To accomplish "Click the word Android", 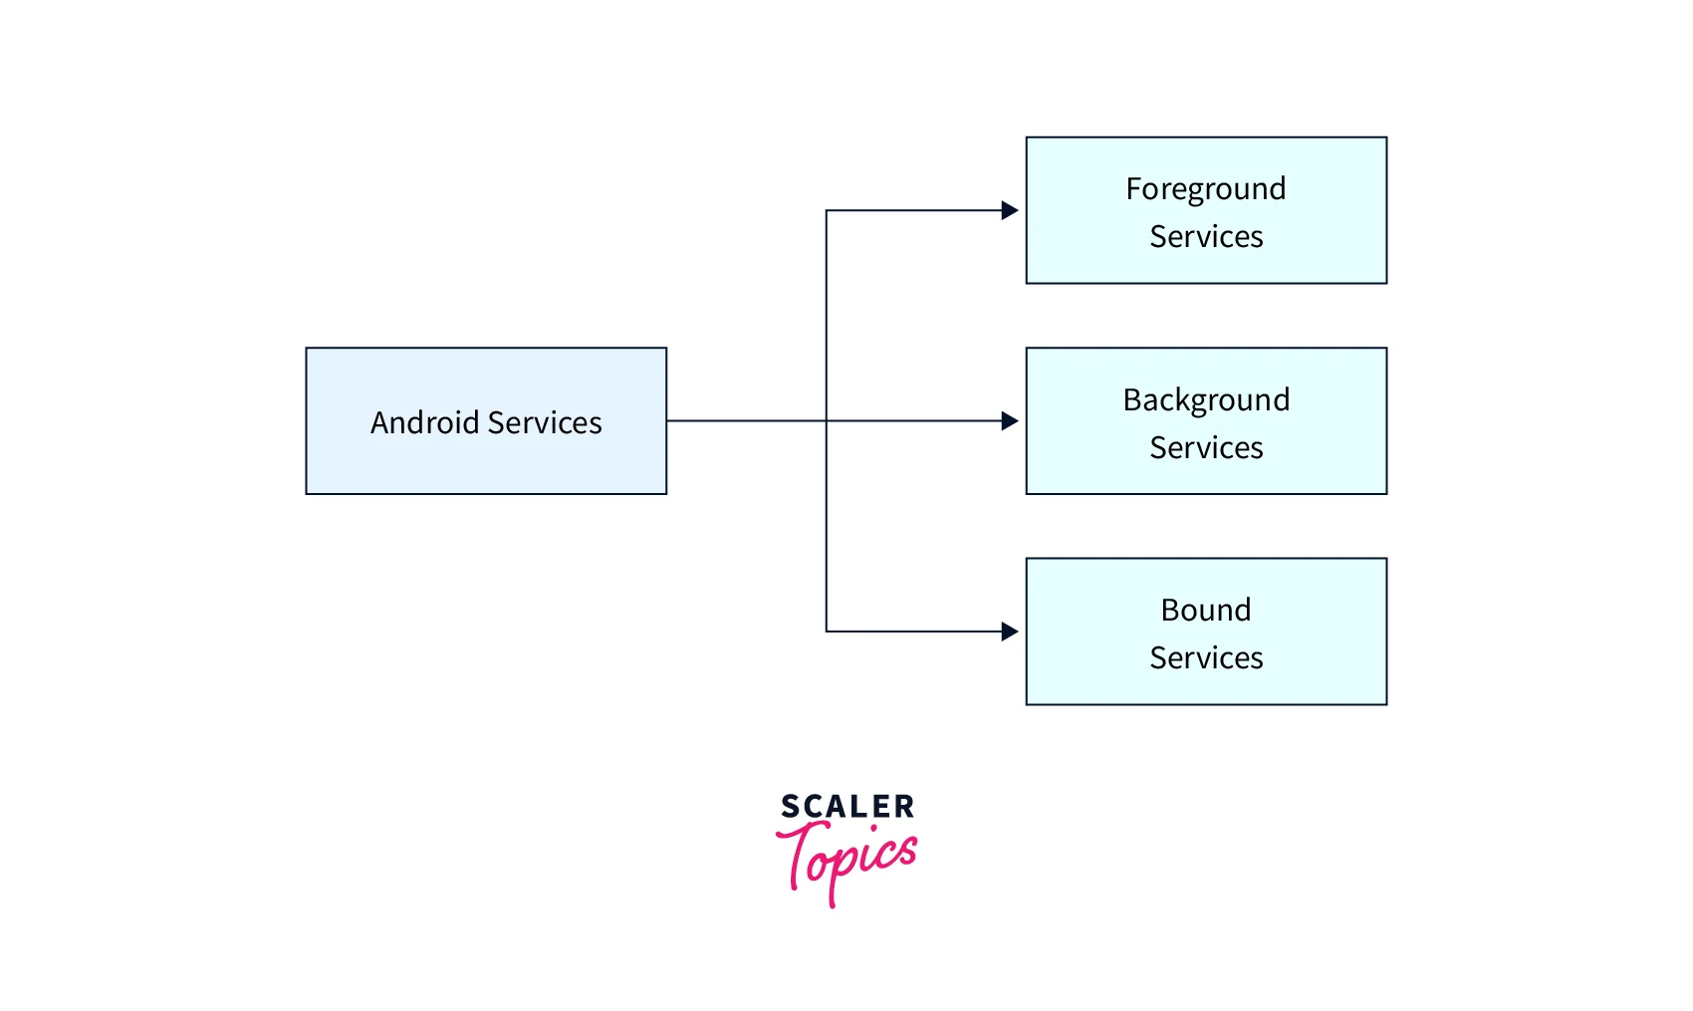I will coord(425,422).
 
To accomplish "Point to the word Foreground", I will coord(1206,188).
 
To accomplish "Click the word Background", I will coord(1206,399).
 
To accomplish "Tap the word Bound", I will coord(1206,610).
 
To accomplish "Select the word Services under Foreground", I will coord(1206,236).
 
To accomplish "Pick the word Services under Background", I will coord(1206,447).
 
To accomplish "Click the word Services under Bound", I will coord(1206,657).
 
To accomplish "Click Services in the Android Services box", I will coord(546,422).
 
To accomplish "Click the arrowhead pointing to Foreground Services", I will coord(1010,210).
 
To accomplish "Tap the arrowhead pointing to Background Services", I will coord(1010,420).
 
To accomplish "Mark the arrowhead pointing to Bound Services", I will coord(1010,632).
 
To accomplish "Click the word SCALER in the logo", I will coord(847,806).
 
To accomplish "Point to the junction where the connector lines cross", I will coord(827,420).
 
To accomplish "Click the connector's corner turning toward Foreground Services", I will coord(827,210).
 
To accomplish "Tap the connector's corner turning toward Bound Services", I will coord(827,632).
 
